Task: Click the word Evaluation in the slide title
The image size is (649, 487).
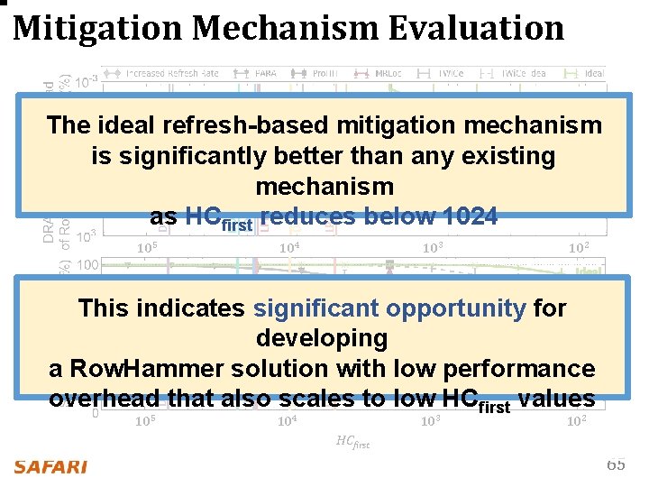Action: coord(476,28)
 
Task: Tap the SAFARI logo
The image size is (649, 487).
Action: coord(50,466)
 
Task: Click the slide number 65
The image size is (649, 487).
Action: coord(616,464)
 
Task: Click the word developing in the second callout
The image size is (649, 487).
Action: coord(322,339)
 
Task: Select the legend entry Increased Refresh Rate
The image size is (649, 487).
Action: coord(171,73)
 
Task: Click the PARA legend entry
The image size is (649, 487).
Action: coord(264,73)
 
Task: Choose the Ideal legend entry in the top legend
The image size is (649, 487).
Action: coord(593,73)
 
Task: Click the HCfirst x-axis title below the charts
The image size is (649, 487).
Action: coord(352,441)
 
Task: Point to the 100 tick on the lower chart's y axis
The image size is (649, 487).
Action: coord(87,265)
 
